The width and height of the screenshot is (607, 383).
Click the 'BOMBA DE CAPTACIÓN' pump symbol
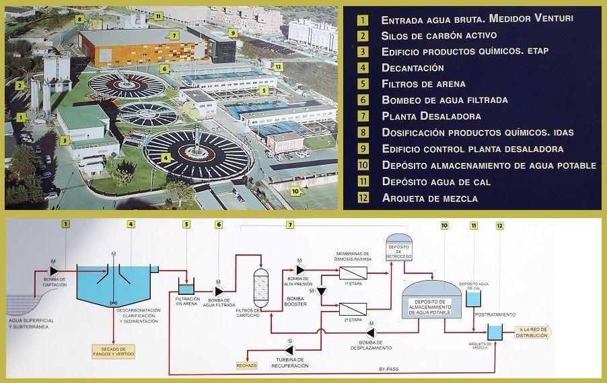click(x=54, y=270)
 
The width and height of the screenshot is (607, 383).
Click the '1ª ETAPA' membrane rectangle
click(x=352, y=273)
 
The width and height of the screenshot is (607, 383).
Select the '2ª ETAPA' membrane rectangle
click(x=352, y=309)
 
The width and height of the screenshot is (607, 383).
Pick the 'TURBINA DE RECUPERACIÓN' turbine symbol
click(x=288, y=351)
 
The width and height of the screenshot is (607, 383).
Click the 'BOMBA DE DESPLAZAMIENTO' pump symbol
click(x=371, y=333)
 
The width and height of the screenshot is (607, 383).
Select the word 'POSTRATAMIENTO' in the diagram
click(x=495, y=314)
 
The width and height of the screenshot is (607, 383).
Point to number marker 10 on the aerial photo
click(x=295, y=190)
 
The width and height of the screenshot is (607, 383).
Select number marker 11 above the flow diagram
click(x=473, y=224)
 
